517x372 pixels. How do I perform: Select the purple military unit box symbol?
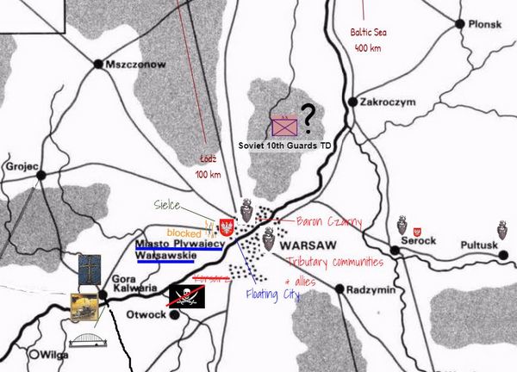coord(283,127)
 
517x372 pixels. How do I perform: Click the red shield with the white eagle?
coord(228,228)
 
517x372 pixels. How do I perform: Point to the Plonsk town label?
coord(484,24)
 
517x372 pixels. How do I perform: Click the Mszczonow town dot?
coord(99,64)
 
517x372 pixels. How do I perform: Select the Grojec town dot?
coord(40,176)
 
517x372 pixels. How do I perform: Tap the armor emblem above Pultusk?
coord(501,232)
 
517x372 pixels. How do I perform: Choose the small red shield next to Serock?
coord(418,232)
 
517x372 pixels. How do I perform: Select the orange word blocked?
coord(184,233)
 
